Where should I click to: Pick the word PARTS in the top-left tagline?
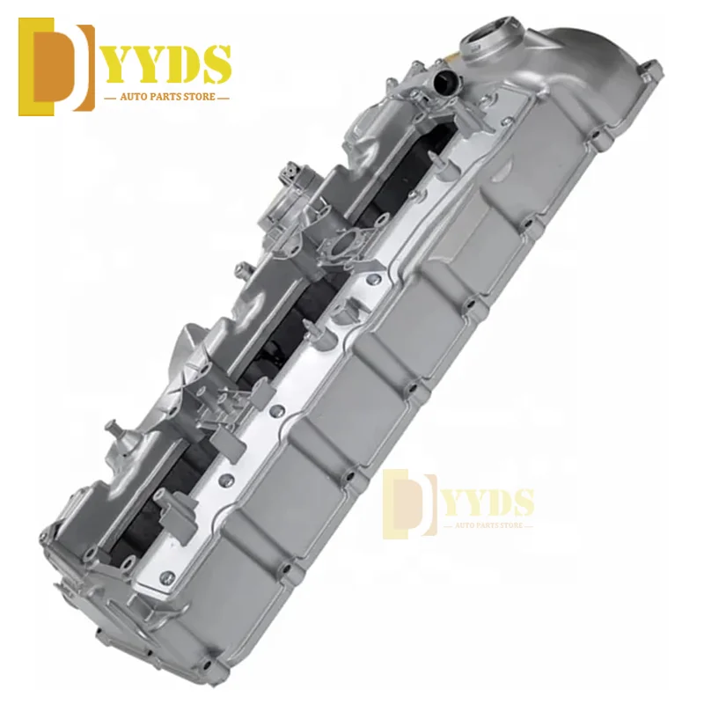(159, 99)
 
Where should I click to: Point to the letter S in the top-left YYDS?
(215, 64)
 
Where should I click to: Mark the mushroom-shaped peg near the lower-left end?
(111, 429)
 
